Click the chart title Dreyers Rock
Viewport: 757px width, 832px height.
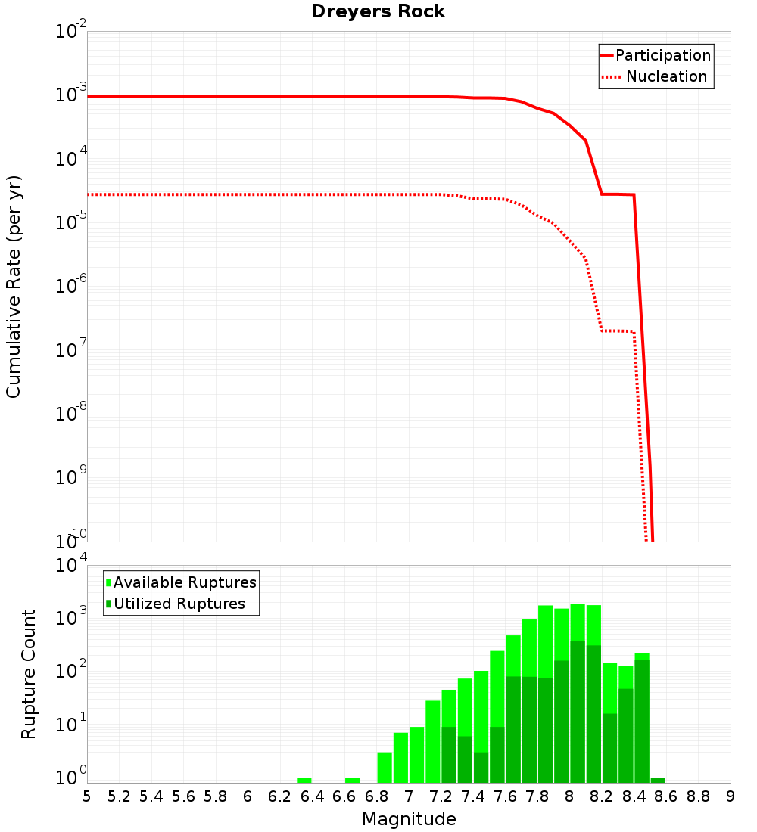378,11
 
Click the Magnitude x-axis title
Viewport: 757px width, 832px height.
409,819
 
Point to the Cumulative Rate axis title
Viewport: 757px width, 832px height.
14,286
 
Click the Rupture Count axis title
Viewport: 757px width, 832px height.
29,674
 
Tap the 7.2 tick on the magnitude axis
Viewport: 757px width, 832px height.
441,796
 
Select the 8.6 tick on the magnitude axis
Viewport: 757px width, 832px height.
666,796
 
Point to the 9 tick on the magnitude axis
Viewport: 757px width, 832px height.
730,796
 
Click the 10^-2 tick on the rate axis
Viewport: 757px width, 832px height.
72,33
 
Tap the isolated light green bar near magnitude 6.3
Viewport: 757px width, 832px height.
304,780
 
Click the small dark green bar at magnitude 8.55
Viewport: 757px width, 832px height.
658,780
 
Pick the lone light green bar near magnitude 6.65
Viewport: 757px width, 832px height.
352,780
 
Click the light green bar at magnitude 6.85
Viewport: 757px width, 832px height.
385,767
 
